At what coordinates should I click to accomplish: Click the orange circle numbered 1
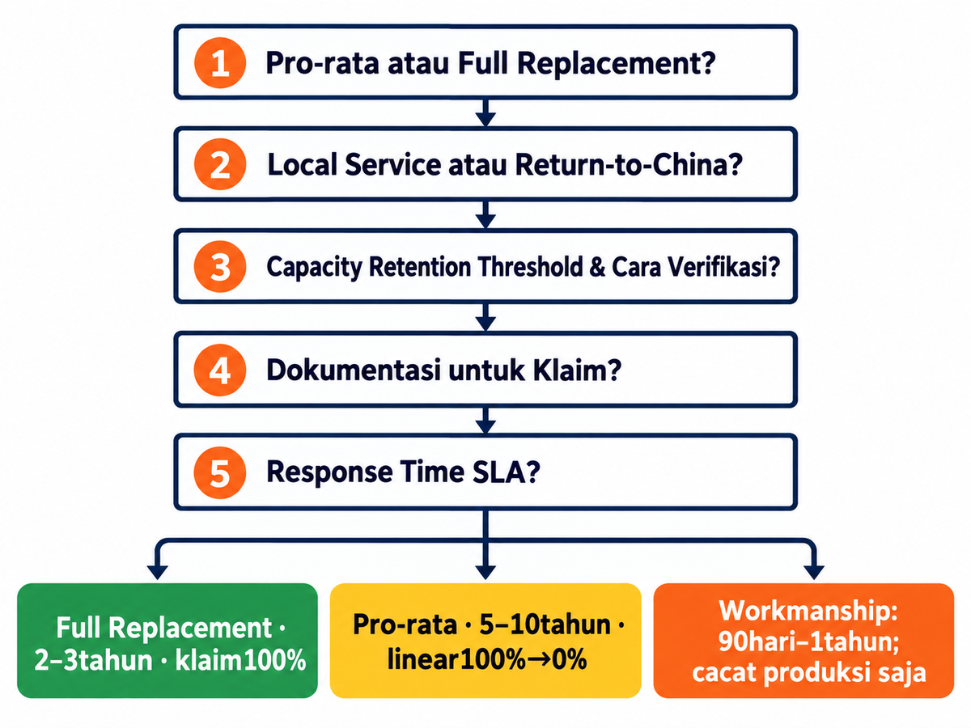pos(220,63)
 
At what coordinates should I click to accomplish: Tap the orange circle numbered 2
pos(220,164)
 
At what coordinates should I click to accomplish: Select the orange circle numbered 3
pos(220,267)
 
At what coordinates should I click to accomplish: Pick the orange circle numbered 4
pos(220,370)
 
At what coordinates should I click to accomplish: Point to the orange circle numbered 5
pos(220,473)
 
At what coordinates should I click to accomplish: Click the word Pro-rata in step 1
pos(323,63)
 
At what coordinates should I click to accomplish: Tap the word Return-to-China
pos(628,164)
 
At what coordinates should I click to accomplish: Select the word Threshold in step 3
pos(530,267)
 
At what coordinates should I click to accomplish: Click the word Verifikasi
pos(723,267)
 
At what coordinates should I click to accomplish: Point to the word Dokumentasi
pos(354,370)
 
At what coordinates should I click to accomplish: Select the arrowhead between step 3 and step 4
pos(485,324)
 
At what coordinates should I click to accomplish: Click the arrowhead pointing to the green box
pos(157,572)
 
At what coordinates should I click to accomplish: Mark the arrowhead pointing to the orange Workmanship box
pos(813,572)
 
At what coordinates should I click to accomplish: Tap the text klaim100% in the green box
pos(240,660)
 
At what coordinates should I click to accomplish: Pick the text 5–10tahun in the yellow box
pos(539,624)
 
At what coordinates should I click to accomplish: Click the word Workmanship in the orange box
pos(808,612)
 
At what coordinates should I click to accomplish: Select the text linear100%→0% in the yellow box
pos(487,659)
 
